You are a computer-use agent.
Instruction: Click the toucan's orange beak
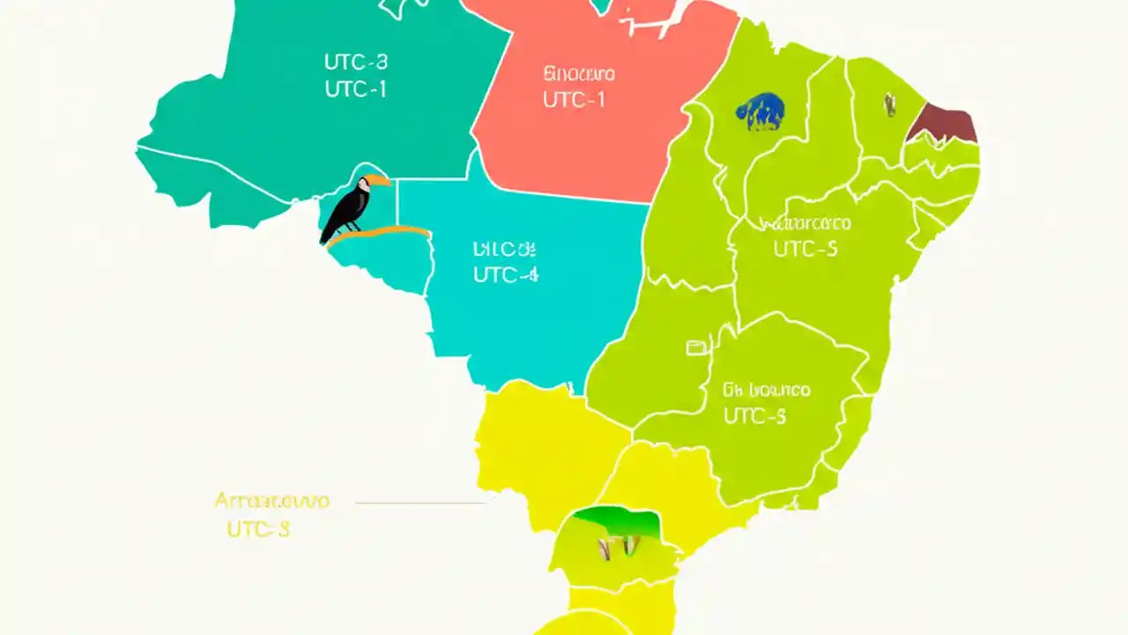click(378, 181)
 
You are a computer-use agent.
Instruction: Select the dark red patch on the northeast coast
click(944, 124)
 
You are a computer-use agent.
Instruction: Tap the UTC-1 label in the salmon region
click(574, 100)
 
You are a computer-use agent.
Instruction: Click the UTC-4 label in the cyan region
click(505, 274)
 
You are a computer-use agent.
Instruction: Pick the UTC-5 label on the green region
click(805, 250)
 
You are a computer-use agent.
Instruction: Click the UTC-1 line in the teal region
click(355, 89)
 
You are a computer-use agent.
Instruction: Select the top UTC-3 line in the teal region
click(355, 62)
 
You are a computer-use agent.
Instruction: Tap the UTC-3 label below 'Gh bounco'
click(754, 416)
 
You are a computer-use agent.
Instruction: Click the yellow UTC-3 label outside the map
click(258, 529)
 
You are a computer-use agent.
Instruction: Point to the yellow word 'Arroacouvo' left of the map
click(271, 501)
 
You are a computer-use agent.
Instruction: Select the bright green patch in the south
click(617, 523)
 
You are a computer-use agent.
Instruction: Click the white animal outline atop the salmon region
click(650, 19)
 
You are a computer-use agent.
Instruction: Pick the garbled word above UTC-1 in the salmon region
click(579, 73)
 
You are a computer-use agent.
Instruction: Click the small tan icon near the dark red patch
click(891, 105)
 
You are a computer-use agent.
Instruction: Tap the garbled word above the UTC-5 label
click(805, 223)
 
